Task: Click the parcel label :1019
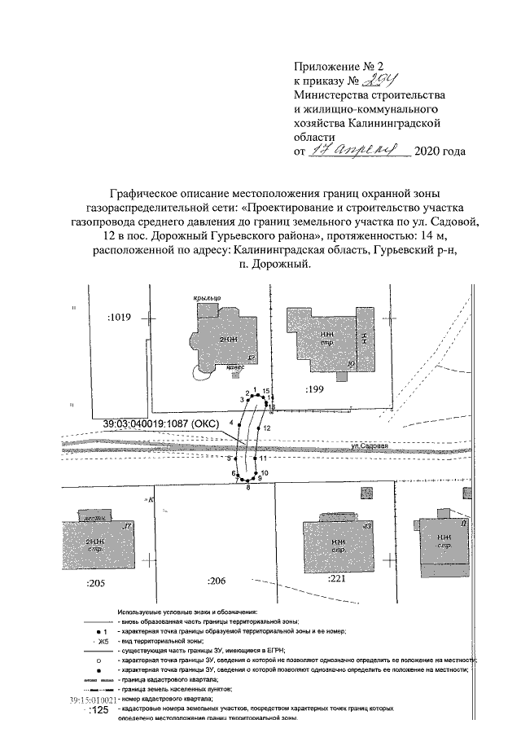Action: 119,318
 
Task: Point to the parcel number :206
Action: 217,581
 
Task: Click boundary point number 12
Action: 266,428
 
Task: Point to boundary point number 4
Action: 232,422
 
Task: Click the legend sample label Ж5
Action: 103,642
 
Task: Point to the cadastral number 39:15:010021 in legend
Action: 93,700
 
